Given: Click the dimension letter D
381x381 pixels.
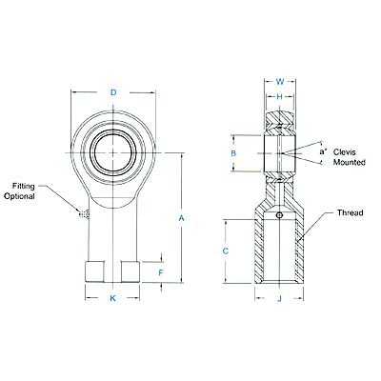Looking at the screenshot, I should pyautogui.click(x=113, y=92).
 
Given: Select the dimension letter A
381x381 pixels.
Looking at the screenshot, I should pyautogui.click(x=181, y=218).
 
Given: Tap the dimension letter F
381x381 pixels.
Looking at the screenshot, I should pyautogui.click(x=161, y=271).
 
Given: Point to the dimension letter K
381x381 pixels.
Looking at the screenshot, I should pyautogui.click(x=113, y=299).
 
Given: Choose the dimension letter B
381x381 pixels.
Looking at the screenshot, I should pyautogui.click(x=233, y=152).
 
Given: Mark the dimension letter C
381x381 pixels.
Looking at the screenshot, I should pyautogui.click(x=225, y=251).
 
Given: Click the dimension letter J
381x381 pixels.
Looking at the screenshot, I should pyautogui.click(x=279, y=299).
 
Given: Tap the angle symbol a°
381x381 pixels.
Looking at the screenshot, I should pyautogui.click(x=322, y=150).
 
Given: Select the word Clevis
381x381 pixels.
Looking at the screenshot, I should pyautogui.click(x=349, y=151).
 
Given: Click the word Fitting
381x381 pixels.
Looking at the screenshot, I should pyautogui.click(x=25, y=185).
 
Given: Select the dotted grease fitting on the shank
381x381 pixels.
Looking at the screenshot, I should pyautogui.click(x=84, y=214).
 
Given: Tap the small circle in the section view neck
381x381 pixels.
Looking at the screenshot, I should pyautogui.click(x=279, y=215).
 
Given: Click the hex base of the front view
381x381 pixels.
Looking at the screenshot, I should pyautogui.click(x=113, y=271).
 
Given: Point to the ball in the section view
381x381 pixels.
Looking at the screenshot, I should pyautogui.click(x=279, y=151).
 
